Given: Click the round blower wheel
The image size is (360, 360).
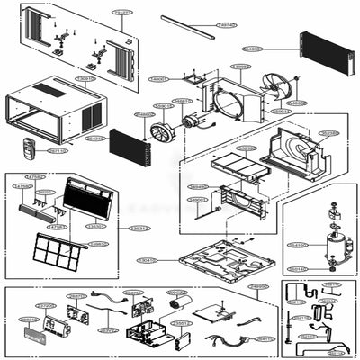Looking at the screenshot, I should click(x=161, y=133).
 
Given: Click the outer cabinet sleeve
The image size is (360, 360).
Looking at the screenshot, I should click(x=54, y=112).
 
